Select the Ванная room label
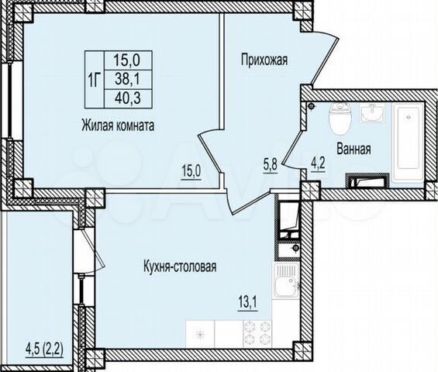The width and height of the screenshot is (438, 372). coord(352,149)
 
